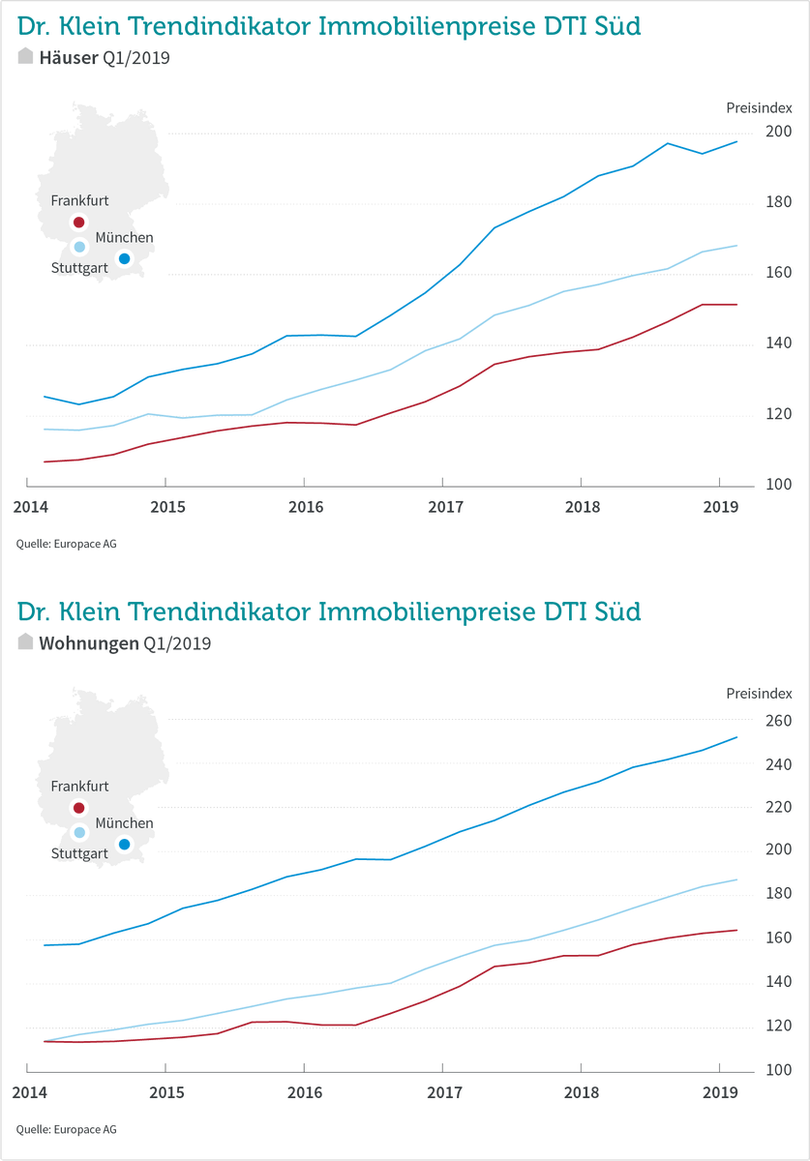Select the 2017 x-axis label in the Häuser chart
click(x=445, y=507)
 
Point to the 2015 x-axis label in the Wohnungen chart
click(x=167, y=1093)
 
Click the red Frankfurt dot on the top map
click(x=79, y=223)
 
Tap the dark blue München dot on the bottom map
click(x=124, y=845)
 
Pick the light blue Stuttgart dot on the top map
click(x=79, y=247)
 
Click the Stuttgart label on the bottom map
click(x=79, y=853)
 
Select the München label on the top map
click(x=124, y=237)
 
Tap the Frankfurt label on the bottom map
click(x=79, y=787)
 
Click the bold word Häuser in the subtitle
click(x=69, y=58)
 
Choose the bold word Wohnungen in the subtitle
click(x=89, y=643)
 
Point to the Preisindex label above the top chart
click(x=760, y=107)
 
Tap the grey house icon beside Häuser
click(x=26, y=57)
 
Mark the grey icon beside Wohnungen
click(x=26, y=642)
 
